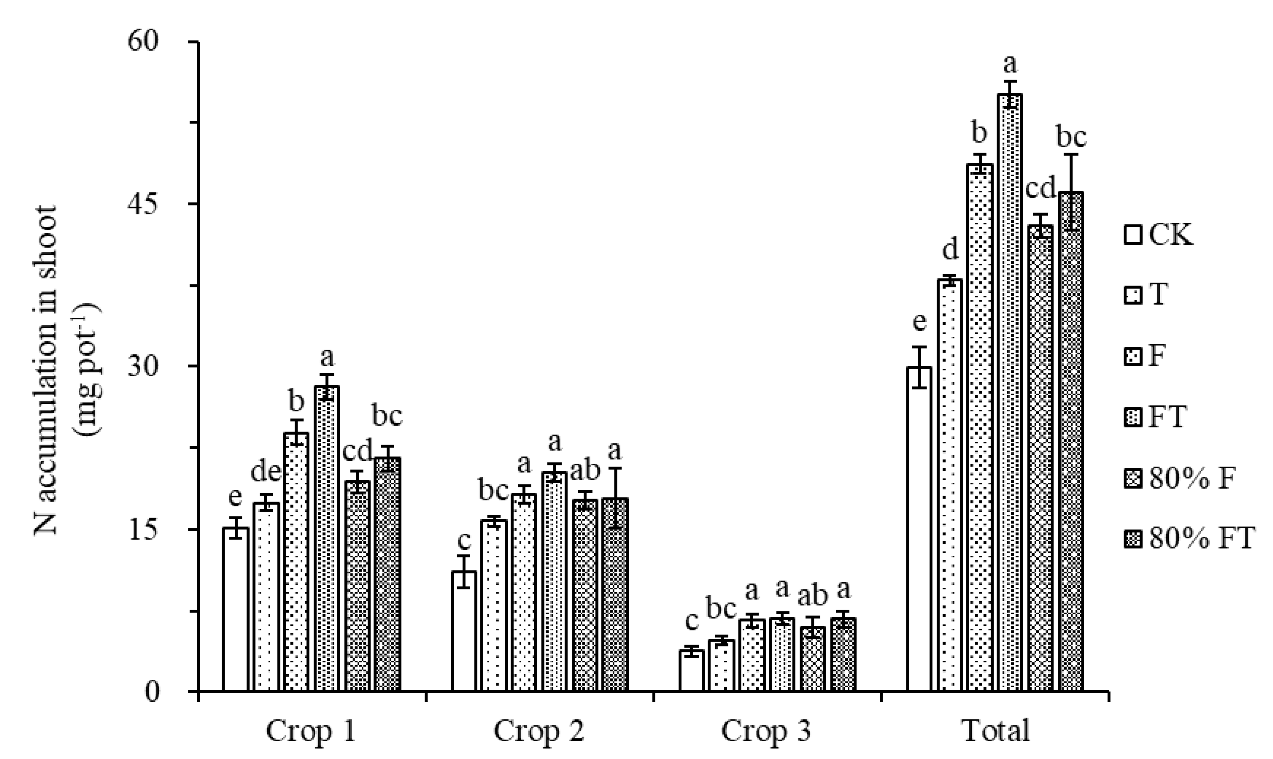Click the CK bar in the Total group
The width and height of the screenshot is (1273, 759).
[x=919, y=529]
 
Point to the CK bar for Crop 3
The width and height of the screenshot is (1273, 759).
[x=691, y=671]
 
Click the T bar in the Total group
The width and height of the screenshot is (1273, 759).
[x=950, y=485]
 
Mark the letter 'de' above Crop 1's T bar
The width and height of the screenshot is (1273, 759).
[x=266, y=472]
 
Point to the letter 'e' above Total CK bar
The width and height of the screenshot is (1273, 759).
[x=919, y=322]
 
